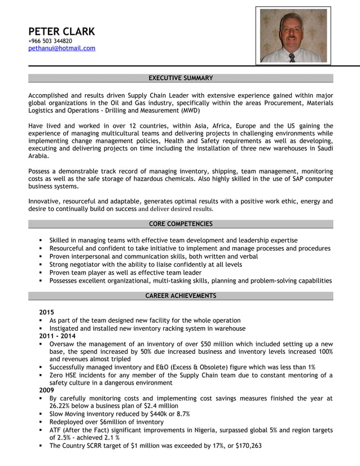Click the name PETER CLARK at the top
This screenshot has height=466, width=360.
[x=62, y=31]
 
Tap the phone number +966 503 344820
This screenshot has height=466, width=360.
[x=50, y=41]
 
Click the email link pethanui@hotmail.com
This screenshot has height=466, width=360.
[x=62, y=49]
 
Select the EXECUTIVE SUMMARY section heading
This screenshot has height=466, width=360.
[x=181, y=78]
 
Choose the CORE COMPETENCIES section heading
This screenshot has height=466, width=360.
[x=181, y=224]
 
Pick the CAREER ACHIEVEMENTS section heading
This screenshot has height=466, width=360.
[x=181, y=296]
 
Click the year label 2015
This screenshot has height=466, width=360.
[x=47, y=312]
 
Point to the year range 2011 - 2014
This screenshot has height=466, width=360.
[x=58, y=336]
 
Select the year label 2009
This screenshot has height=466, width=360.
[x=47, y=390]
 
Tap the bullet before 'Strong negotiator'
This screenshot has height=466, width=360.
[x=41, y=265]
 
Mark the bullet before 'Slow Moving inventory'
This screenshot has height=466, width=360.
[x=41, y=414]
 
